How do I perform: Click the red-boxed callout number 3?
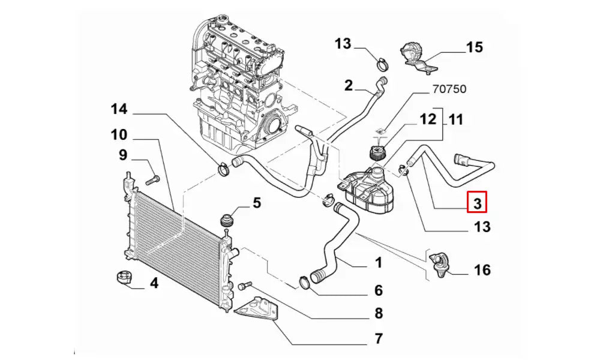(478, 203)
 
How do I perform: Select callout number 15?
(474, 47)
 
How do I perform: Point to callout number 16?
(482, 270)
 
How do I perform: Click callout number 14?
(119, 109)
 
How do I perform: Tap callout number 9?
(122, 156)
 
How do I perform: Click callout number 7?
(378, 338)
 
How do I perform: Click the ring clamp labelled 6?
(305, 280)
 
